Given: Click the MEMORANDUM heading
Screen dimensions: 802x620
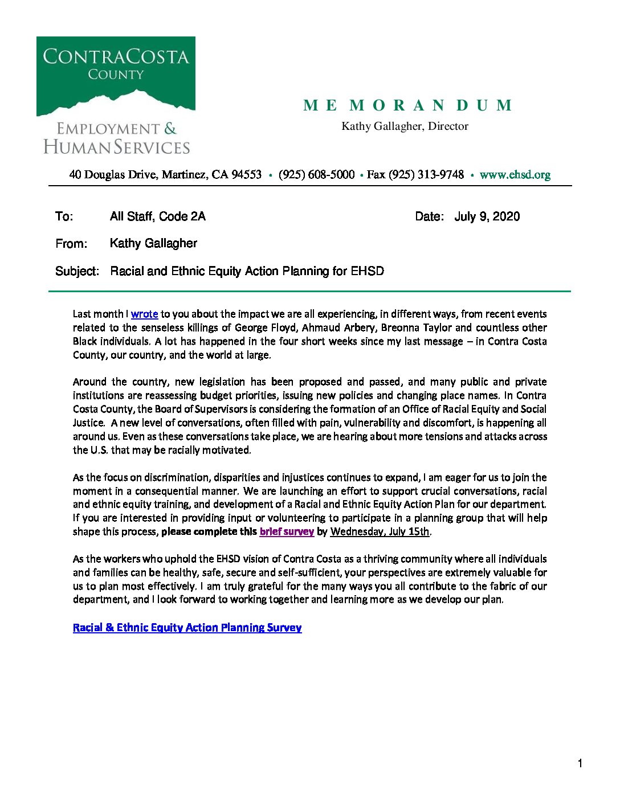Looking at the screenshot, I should click(x=407, y=105).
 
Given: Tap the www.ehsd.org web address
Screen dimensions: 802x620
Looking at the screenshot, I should click(x=515, y=175).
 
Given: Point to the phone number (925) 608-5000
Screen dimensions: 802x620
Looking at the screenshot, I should click(x=316, y=175).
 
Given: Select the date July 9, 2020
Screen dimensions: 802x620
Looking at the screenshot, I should click(x=487, y=216).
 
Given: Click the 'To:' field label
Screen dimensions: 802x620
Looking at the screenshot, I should click(x=64, y=216).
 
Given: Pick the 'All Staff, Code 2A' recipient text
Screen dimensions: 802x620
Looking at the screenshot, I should click(x=157, y=216).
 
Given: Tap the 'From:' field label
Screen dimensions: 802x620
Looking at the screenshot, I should click(x=71, y=244).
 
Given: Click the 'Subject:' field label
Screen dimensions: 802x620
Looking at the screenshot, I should click(x=77, y=271).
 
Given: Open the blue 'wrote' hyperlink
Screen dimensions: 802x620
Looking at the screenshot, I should click(x=144, y=314).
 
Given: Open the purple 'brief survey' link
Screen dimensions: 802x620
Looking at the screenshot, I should click(x=287, y=531).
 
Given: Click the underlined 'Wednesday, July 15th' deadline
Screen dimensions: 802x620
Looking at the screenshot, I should click(x=380, y=531).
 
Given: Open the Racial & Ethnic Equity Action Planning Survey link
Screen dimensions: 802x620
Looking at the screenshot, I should click(x=187, y=628).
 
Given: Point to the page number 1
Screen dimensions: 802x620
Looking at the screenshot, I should click(x=580, y=764).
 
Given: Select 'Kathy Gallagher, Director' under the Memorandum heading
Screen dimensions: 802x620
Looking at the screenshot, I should click(x=405, y=126).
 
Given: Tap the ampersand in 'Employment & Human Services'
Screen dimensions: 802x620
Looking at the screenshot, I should click(x=170, y=129).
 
